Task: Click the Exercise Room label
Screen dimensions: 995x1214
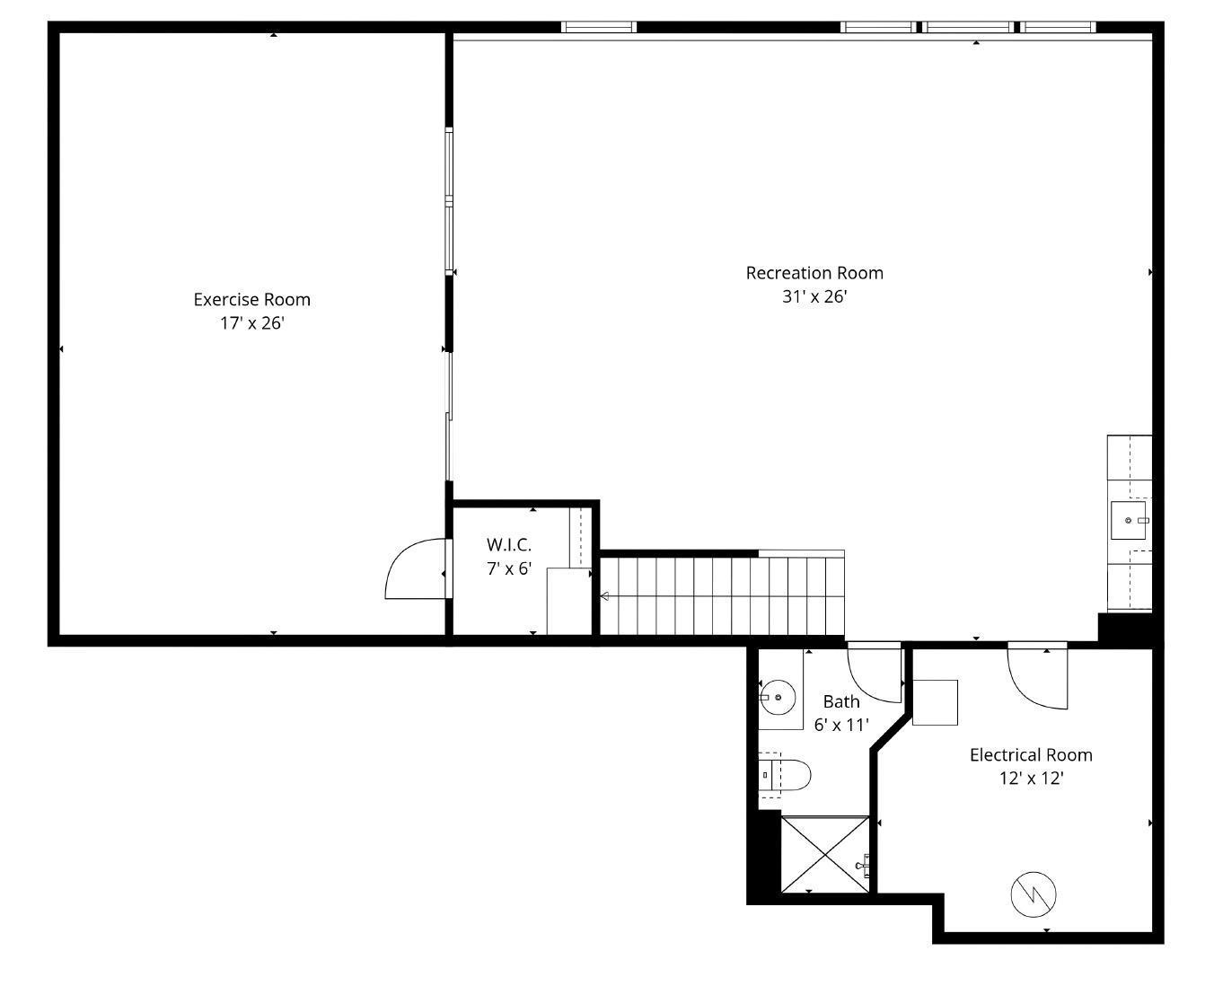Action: point(251,299)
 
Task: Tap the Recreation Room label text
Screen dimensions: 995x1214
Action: point(814,272)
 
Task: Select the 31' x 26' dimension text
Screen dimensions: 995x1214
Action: point(814,296)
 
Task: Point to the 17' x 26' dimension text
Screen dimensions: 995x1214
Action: point(251,323)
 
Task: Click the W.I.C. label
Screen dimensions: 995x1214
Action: point(508,544)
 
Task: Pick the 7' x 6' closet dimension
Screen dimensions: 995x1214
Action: point(508,568)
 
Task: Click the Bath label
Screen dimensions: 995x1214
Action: point(840,701)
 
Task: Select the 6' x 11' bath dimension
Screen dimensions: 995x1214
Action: point(840,725)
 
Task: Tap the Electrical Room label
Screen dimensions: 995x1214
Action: point(1030,754)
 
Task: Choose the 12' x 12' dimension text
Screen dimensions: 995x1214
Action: point(1030,779)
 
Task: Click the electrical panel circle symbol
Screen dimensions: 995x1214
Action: point(1033,894)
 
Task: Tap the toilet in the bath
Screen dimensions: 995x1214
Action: point(787,773)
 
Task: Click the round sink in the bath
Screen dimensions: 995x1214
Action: point(779,697)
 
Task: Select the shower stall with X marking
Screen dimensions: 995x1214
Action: point(824,854)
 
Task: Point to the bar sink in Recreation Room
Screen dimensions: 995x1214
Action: point(1129,520)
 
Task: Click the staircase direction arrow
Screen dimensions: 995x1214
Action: point(605,596)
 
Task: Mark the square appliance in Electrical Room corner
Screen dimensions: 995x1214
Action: point(935,702)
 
